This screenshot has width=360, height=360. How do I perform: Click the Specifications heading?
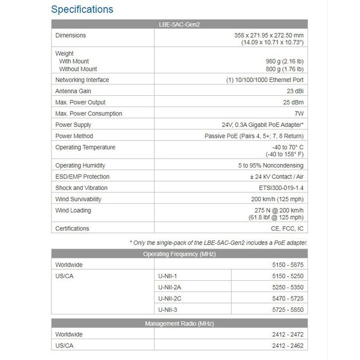(x=82, y=9)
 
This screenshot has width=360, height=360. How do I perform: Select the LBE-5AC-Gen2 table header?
(x=180, y=24)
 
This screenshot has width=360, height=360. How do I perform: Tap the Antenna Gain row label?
(x=73, y=91)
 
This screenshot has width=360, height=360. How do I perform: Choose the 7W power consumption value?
(x=298, y=114)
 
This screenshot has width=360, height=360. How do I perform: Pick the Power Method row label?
(x=74, y=136)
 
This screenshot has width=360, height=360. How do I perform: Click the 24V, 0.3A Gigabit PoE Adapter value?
(x=262, y=125)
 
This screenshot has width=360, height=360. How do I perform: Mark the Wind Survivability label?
(x=78, y=199)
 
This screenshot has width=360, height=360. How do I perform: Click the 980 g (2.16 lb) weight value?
(x=284, y=61)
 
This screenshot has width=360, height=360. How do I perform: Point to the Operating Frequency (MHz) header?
(x=180, y=254)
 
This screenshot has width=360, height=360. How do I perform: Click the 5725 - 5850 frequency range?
(x=288, y=310)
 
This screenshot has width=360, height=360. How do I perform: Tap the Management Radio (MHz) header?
(x=180, y=324)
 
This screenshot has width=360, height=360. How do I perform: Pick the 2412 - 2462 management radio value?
(x=288, y=346)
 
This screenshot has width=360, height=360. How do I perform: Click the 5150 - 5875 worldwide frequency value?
(x=288, y=265)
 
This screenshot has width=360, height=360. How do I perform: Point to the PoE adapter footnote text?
(x=219, y=242)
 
